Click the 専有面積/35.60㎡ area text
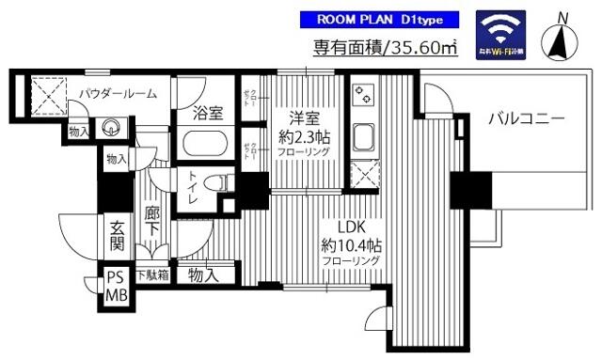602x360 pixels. [385, 48]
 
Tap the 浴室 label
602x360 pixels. [208, 114]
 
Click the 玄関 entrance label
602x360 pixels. [116, 236]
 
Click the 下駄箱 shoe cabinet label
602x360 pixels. [152, 275]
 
